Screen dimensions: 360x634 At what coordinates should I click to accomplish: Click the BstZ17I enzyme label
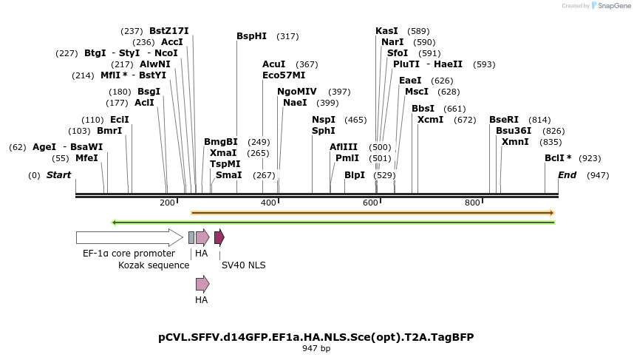coord(169,31)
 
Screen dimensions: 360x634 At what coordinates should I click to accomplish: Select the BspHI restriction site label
coord(251,36)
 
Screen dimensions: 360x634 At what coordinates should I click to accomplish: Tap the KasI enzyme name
coord(386,31)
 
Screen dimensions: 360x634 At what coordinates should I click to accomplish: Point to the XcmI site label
coord(430,120)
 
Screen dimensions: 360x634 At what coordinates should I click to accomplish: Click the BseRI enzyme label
coord(504,120)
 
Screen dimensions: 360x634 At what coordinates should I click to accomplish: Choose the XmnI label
coord(515,142)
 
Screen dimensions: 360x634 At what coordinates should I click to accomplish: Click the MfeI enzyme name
coord(86,158)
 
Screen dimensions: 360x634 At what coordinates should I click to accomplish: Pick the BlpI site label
coord(355,175)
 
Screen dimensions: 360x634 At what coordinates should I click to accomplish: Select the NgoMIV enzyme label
coord(297,92)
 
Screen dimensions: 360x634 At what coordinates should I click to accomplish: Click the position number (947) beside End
coord(598,175)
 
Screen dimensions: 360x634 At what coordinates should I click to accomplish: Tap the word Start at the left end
coord(58,175)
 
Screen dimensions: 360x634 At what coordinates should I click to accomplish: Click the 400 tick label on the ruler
coord(269,203)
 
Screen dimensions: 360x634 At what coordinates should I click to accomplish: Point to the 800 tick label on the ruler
coord(472,203)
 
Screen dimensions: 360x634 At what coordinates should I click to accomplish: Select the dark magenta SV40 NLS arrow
coord(219,237)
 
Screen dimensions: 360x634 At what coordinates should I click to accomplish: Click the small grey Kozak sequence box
coord(191,237)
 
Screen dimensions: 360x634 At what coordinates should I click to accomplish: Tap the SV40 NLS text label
coord(243,265)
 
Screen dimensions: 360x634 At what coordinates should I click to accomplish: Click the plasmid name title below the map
coord(316,337)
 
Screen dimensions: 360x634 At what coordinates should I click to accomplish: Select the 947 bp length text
coord(316,348)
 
